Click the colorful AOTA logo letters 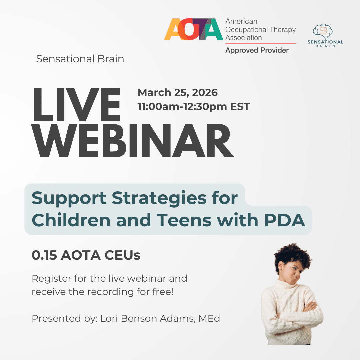coord(194,29)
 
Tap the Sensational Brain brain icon coord(323,31)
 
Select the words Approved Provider coord(257,50)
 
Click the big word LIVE coord(76,105)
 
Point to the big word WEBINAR coord(133,141)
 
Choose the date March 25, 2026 coord(177,93)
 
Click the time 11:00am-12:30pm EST coord(194,107)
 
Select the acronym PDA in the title coord(285,220)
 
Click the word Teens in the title coord(184,220)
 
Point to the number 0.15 coord(44,255)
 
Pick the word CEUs coord(122,255)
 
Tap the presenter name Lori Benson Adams coord(148,319)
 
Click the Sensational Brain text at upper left coord(80,59)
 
